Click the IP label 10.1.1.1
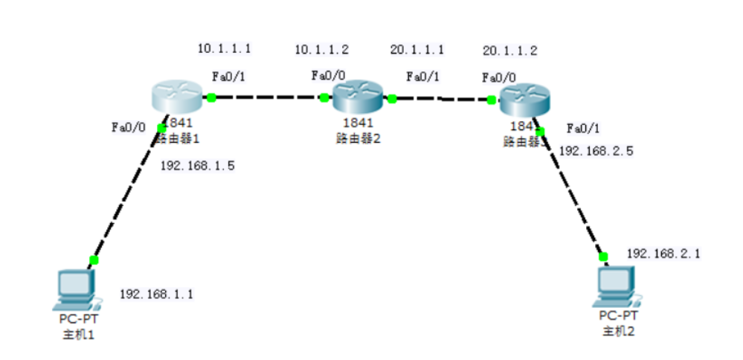tap(223, 49)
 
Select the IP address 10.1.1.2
tap(321, 50)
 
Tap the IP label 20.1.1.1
tap(416, 50)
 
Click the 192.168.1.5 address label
tap(197, 166)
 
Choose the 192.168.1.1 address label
tap(156, 294)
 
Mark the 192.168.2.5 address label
tap(596, 150)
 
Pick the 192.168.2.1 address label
tap(663, 254)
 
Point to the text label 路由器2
tap(358, 137)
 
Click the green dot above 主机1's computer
tap(94, 260)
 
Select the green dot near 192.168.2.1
tap(603, 257)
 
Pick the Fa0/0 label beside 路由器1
tap(128, 127)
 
